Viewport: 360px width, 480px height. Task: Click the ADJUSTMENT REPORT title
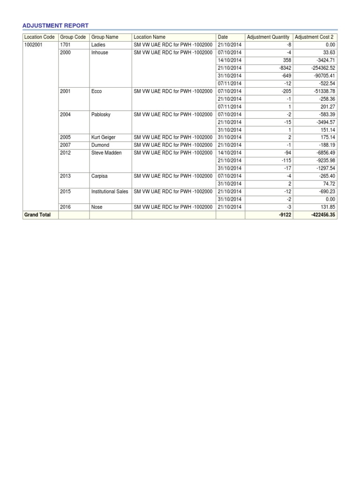pyautogui.click(x=56, y=25)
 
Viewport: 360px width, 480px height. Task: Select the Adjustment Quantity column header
pyautogui.click(x=268, y=37)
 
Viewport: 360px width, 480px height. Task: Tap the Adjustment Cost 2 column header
pyautogui.click(x=314, y=37)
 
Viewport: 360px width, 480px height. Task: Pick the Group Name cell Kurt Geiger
pyautogui.click(x=104, y=137)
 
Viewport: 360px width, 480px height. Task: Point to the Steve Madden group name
pyautogui.click(x=106, y=153)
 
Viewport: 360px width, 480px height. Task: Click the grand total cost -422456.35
pyautogui.click(x=323, y=215)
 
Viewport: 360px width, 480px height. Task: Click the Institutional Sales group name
pyautogui.click(x=110, y=192)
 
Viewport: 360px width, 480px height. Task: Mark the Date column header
pyautogui.click(x=223, y=37)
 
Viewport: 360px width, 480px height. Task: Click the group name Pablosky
pyautogui.click(x=102, y=114)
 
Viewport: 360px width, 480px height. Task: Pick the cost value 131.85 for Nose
pyautogui.click(x=327, y=207)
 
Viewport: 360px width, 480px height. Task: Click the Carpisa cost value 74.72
pyautogui.click(x=329, y=184)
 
